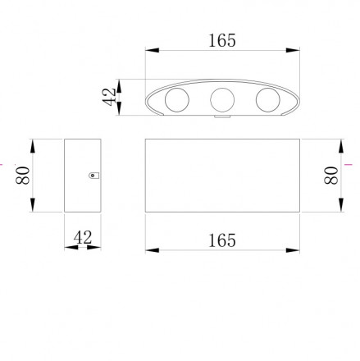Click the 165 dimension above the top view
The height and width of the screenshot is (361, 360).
coord(221,40)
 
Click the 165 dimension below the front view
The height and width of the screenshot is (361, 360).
coord(221,240)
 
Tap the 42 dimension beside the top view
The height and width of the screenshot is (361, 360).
coord(109,97)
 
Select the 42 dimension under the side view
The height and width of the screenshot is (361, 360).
coord(83,237)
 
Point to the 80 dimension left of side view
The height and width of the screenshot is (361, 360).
coord(23,176)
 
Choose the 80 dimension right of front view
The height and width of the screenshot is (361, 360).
coord(331,176)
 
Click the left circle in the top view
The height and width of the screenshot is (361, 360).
coord(177,100)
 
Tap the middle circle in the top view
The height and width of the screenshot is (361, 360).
coord(222,100)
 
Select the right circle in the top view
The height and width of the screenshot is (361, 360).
coord(268,100)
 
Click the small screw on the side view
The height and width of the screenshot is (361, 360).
coord(93,176)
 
